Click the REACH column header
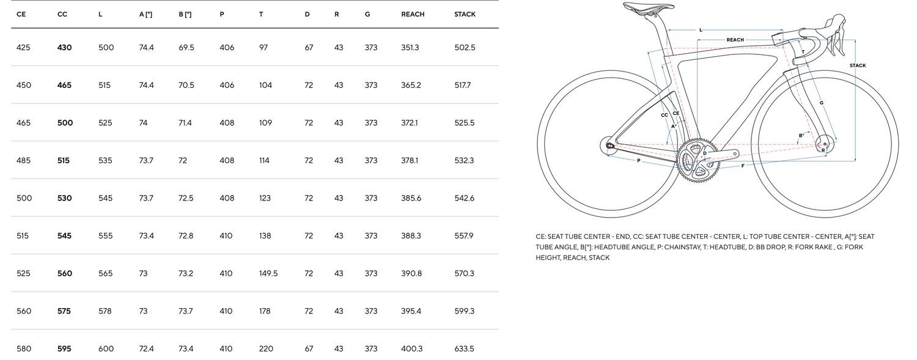point(413,14)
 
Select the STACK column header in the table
point(465,14)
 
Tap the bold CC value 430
point(64,48)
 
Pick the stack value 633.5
point(464,348)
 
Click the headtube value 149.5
point(268,273)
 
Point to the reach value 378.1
point(410,160)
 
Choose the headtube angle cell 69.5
point(186,48)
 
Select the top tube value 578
point(105,311)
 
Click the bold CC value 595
point(64,348)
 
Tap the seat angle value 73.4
point(146,236)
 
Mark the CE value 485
point(23,160)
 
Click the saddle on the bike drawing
point(649,7)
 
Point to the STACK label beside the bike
point(858,65)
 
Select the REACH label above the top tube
point(735,40)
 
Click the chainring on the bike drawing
point(696,160)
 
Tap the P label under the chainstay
point(639,161)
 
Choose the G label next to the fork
point(821,103)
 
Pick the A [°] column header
point(145,14)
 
